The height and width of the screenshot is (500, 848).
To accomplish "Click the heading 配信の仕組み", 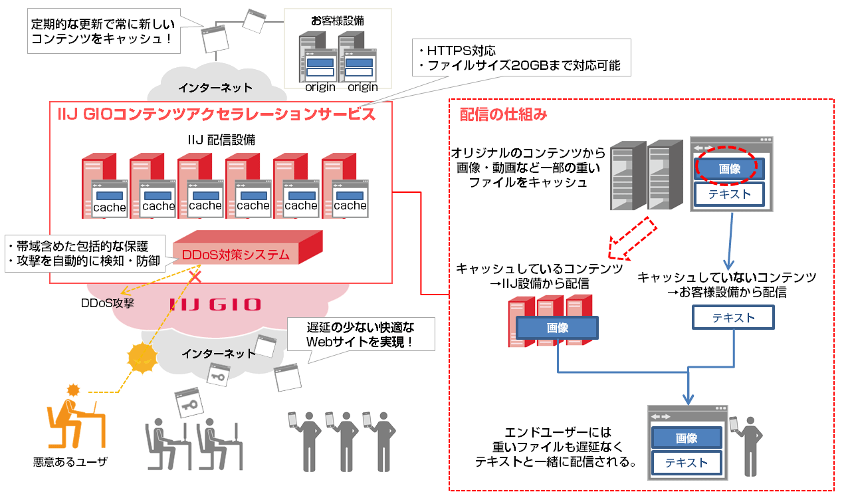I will coord(503,114).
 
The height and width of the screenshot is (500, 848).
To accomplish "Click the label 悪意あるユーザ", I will coord(70,461).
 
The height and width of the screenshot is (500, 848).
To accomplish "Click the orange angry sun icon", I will coord(142,358).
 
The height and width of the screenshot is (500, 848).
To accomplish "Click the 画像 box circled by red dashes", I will coord(730,169).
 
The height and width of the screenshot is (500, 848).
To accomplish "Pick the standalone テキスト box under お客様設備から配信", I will coord(733,317).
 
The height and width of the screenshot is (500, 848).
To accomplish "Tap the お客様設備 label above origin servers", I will coord(337,21).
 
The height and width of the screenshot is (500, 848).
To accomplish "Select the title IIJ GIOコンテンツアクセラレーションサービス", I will coord(216,114).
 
